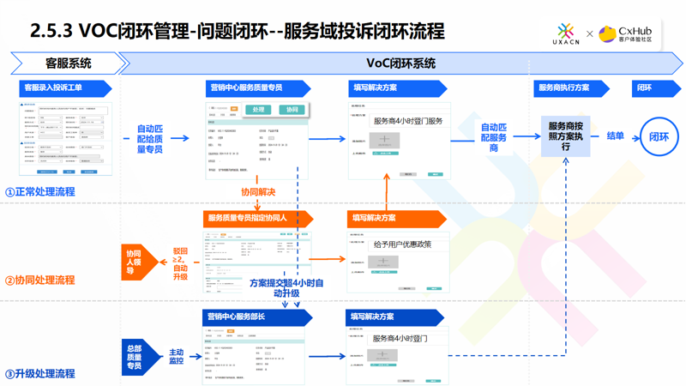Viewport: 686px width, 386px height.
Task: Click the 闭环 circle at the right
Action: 658,136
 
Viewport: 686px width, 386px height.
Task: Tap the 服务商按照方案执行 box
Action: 565,136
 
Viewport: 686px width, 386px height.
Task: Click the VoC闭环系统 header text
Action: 400,63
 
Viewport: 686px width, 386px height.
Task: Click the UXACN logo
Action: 564,33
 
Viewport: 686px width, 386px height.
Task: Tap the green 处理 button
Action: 258,110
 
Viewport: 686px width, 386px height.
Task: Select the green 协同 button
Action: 292,110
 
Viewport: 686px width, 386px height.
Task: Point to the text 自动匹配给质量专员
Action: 149,139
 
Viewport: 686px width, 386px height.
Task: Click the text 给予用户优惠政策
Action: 402,244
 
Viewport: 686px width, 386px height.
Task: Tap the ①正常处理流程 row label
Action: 40,191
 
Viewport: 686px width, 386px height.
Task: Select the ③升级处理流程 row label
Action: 40,373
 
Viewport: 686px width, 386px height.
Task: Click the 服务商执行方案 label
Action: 565,87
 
